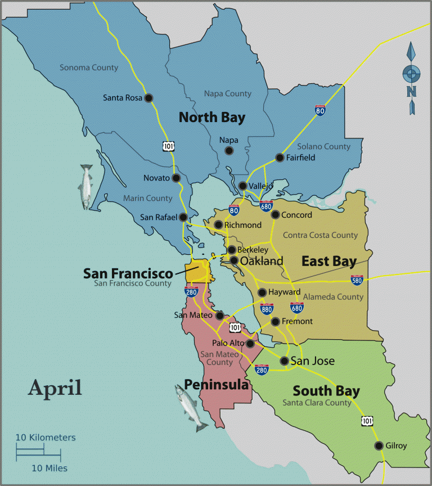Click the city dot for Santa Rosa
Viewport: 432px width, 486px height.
[x=148, y=98]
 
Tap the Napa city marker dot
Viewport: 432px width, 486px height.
[x=228, y=150]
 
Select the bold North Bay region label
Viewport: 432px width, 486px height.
[x=211, y=118]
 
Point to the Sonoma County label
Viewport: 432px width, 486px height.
[x=89, y=67]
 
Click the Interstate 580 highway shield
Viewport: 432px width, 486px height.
[x=357, y=279]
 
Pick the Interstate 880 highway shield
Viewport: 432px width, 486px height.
[x=267, y=308]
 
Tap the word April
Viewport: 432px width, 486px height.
[x=55, y=387]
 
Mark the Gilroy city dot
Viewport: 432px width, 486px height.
[x=379, y=445]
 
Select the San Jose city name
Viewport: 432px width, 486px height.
[x=313, y=361]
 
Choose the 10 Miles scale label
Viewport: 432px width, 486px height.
[x=49, y=468]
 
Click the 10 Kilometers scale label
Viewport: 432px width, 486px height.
[x=45, y=437]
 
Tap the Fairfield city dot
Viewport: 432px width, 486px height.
[x=279, y=157]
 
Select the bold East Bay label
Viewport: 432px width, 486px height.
[x=328, y=262]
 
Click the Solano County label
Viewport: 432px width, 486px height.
[x=323, y=146]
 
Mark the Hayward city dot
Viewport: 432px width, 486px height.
[x=262, y=292]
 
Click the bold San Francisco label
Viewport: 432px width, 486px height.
[x=128, y=273]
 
